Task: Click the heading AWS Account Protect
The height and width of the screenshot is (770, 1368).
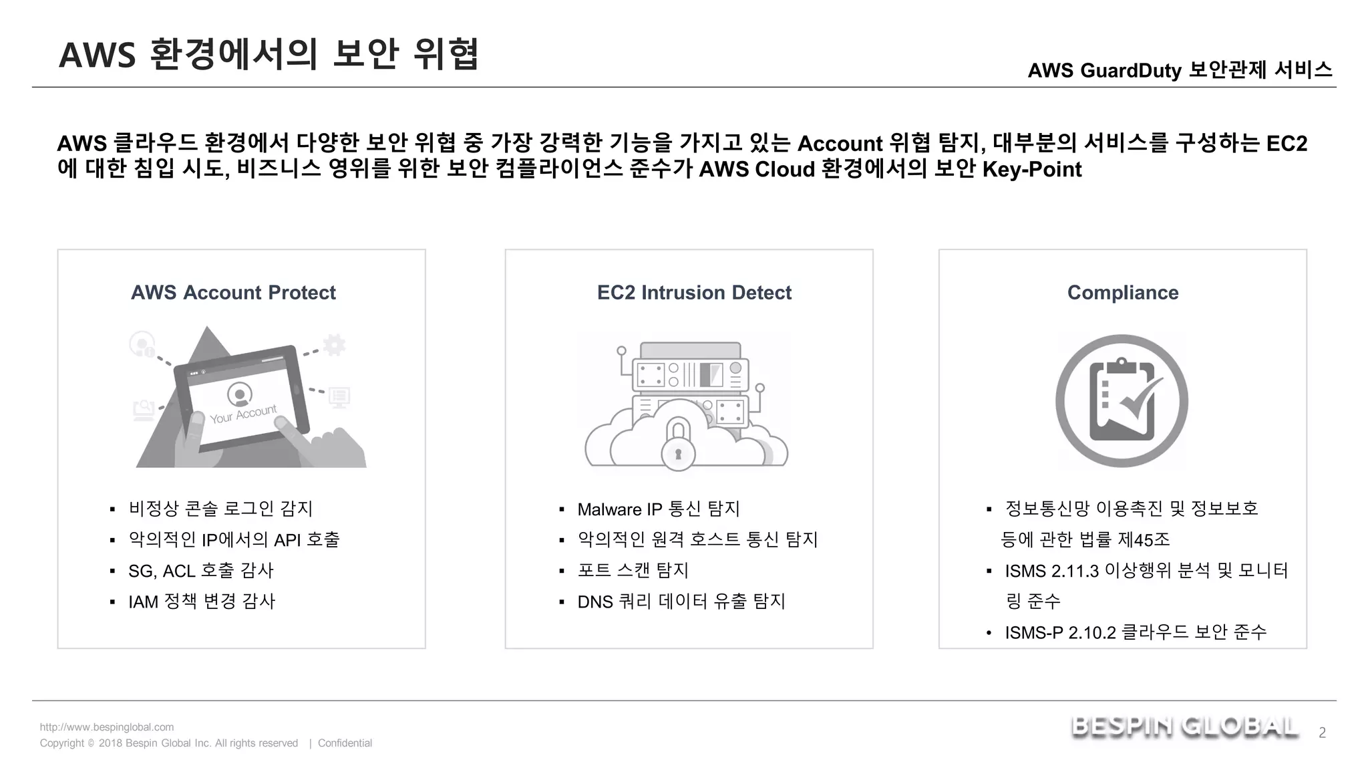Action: [233, 293]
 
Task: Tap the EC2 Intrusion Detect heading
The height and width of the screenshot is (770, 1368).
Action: [694, 293]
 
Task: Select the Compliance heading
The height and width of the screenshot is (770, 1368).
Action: [1123, 293]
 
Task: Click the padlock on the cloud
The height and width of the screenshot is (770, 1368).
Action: [678, 446]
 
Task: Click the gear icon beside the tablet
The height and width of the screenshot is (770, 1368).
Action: [334, 345]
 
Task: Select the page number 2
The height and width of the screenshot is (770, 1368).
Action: [1322, 733]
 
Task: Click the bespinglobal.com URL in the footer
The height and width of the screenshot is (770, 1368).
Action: [107, 727]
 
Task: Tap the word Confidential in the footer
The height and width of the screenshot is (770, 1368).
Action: [345, 743]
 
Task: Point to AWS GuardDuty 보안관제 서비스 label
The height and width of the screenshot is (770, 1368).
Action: [1180, 70]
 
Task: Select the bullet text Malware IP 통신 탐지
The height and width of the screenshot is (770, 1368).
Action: [659, 509]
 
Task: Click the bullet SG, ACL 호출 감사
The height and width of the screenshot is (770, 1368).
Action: [201, 571]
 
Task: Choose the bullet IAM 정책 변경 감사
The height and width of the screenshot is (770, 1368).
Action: [202, 602]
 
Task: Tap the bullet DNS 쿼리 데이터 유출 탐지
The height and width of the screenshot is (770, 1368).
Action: [681, 602]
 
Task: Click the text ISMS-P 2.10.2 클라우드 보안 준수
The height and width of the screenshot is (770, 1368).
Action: [1136, 632]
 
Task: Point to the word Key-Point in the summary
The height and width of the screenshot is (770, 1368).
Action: [1032, 170]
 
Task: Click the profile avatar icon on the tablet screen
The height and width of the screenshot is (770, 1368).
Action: [240, 394]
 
